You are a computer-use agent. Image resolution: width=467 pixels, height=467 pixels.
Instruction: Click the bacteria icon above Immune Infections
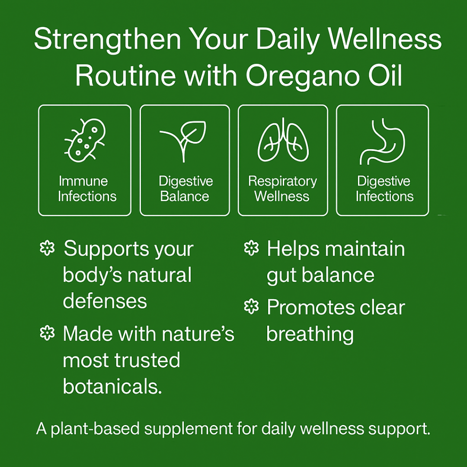tap(85, 141)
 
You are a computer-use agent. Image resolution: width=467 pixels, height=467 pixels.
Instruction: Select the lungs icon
tap(283, 140)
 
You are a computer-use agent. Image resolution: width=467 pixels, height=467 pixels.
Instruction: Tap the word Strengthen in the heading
tap(108, 39)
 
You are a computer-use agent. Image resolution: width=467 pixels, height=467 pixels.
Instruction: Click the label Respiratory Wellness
tap(282, 189)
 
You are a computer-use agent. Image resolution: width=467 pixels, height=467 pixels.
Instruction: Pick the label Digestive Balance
tap(186, 189)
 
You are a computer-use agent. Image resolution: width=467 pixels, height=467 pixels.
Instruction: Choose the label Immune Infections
tap(87, 189)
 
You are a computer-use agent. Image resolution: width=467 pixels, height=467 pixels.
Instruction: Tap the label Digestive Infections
tap(384, 189)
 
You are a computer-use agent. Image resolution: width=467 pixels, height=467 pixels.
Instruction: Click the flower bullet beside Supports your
tap(48, 248)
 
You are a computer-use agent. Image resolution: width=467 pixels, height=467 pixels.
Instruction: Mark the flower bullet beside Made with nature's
tap(48, 333)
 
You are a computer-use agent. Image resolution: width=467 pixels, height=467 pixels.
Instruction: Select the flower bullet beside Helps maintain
tap(251, 248)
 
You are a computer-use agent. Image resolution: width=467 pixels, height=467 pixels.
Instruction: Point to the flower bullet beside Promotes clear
tap(251, 307)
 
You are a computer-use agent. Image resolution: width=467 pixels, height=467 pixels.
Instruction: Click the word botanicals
tap(112, 386)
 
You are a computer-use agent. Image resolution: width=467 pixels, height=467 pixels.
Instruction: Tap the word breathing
tap(310, 334)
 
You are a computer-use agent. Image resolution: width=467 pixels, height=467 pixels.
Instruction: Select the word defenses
tap(105, 301)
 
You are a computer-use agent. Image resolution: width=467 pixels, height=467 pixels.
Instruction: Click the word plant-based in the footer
tap(95, 429)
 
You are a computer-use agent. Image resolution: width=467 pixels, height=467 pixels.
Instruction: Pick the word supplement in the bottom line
tap(189, 429)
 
